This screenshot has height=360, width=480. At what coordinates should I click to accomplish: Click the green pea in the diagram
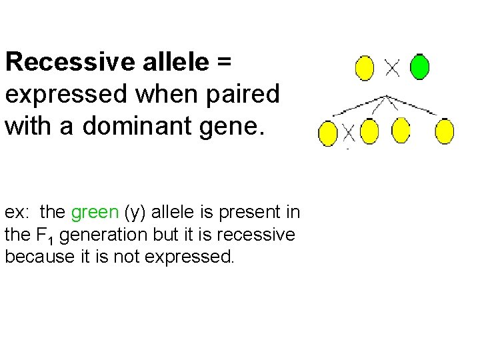[419, 67]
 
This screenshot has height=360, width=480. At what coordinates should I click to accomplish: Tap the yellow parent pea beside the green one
[365, 68]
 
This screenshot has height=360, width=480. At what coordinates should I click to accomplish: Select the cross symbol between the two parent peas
[392, 67]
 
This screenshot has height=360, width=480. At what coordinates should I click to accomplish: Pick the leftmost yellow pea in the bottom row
[327, 133]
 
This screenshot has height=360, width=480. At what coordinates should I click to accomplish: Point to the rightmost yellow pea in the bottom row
[445, 131]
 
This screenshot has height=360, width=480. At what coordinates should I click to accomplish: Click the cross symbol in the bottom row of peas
[348, 133]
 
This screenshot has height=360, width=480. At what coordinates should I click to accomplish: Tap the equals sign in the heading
[223, 62]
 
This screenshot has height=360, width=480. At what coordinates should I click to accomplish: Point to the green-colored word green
[95, 213]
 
